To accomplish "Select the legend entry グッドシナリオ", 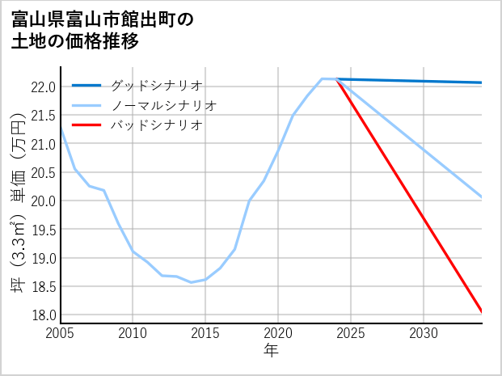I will tap(157, 85).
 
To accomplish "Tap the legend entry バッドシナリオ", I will tap(157, 125).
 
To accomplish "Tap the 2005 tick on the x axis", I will tap(61, 333).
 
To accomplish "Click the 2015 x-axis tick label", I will tap(205, 333).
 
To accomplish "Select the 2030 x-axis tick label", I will tap(424, 333).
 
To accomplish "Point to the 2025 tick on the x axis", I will tap(351, 333).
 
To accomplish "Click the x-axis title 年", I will tap(271, 351).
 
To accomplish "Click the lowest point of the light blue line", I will tap(191, 282).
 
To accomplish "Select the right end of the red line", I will tap(482, 311).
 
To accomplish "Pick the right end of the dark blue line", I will tap(482, 82).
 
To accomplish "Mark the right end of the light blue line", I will tap(482, 197).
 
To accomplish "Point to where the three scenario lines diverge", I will tap(336, 79).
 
